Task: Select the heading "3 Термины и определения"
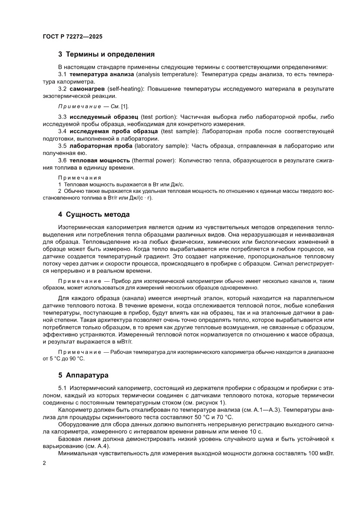click(107, 55)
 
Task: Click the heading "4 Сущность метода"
click(94, 214)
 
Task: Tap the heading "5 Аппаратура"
click(83, 374)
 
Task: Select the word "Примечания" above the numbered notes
click(80, 178)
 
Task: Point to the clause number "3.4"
click(62, 131)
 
